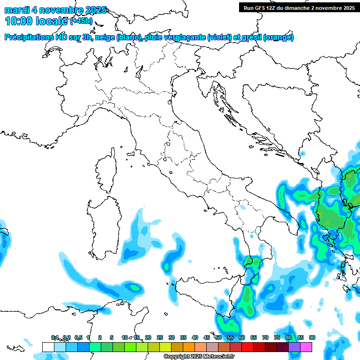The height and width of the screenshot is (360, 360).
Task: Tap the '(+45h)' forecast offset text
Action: [x=82, y=21]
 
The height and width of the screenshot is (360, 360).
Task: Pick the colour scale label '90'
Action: [x=312, y=337]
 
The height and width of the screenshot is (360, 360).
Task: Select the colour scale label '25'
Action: [x=160, y=337]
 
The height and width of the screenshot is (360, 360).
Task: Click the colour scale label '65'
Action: [x=254, y=337]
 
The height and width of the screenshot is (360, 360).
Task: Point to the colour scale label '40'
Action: [x=195, y=337]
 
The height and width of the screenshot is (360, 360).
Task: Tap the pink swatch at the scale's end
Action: [x=306, y=347]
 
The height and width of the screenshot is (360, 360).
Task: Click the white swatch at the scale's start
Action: [x=48, y=347]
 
